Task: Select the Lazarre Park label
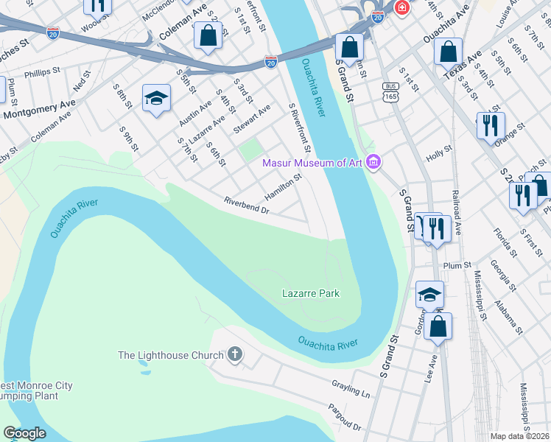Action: coord(311,293)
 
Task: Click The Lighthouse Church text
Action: coord(170,356)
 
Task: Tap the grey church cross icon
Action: coord(235,356)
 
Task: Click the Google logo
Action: coord(24,433)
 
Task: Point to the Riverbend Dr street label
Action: coord(248,206)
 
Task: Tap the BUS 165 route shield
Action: coord(390,91)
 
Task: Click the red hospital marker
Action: coord(402,7)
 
